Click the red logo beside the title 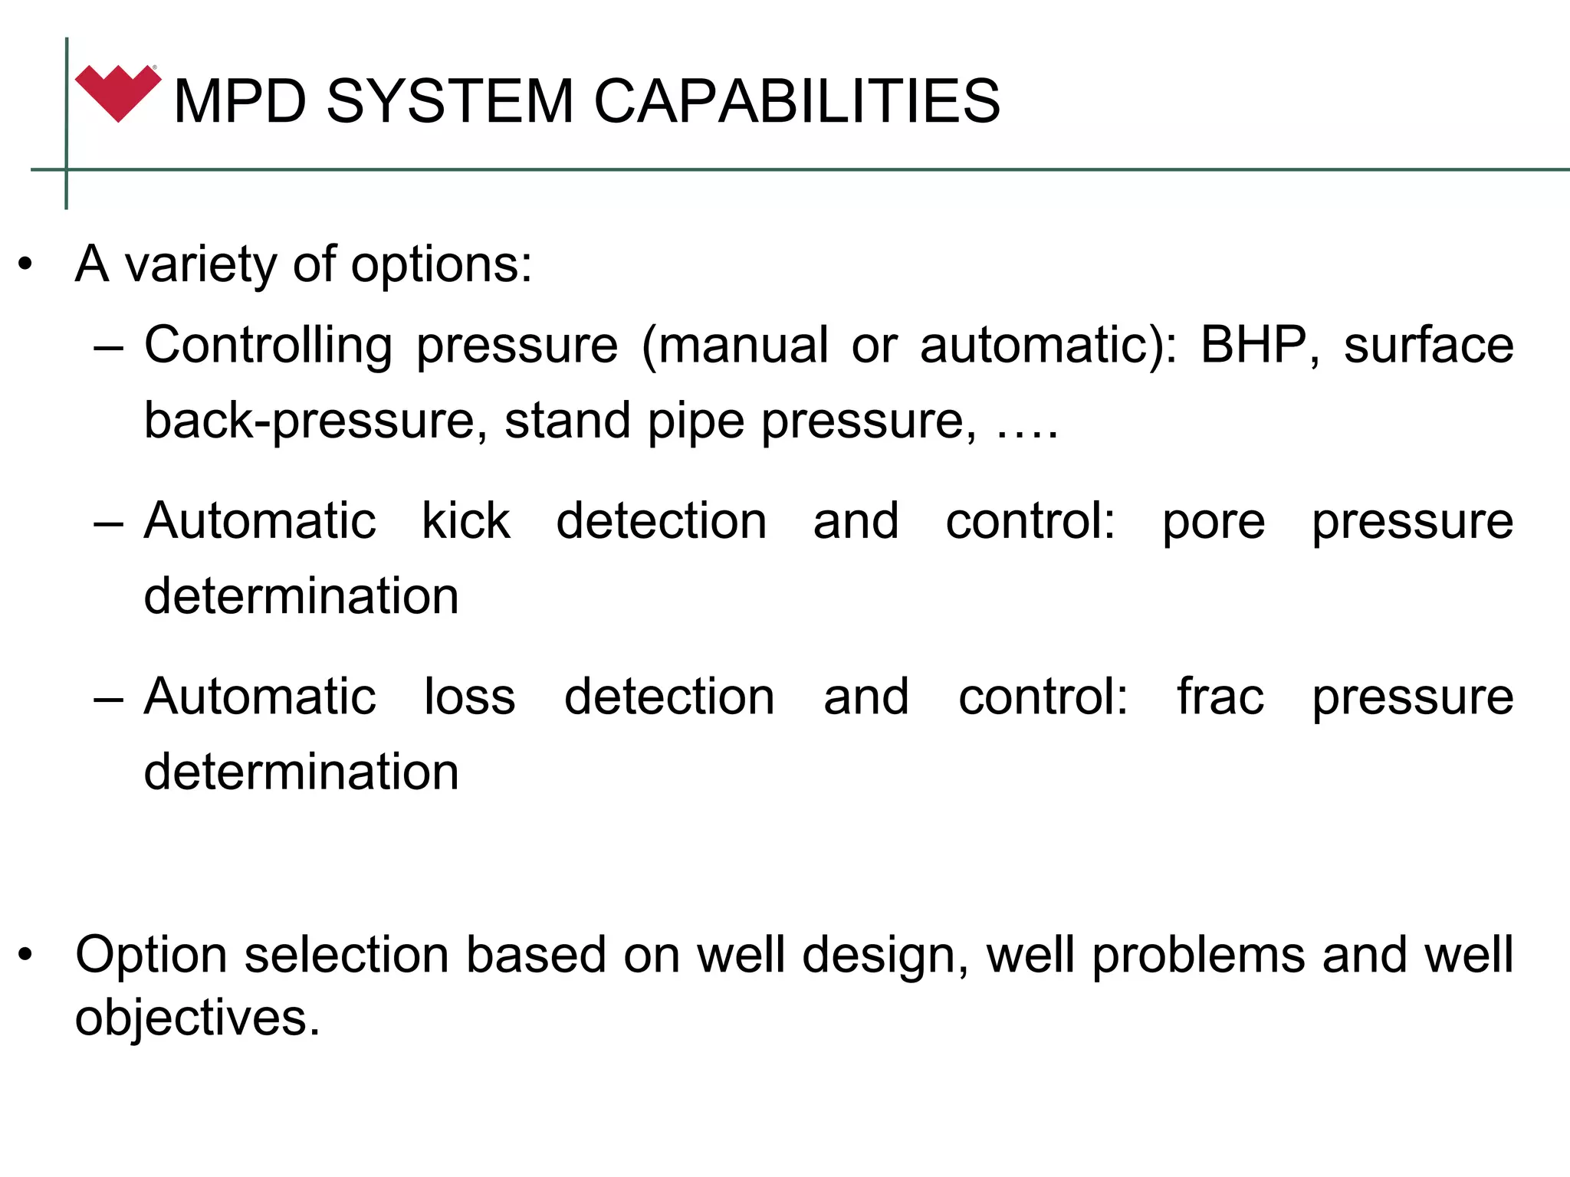click(x=117, y=93)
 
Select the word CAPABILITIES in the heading click(x=796, y=101)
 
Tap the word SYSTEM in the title click(x=450, y=101)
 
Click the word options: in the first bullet click(x=441, y=265)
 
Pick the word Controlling click(x=268, y=346)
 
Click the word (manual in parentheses click(x=734, y=346)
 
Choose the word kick click(x=466, y=521)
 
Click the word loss click(x=470, y=697)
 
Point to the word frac click(x=1220, y=697)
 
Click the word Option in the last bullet click(x=151, y=956)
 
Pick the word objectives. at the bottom click(x=197, y=1018)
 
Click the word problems click(x=1198, y=956)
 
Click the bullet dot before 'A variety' click(x=26, y=265)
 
